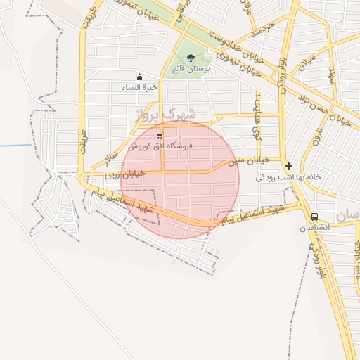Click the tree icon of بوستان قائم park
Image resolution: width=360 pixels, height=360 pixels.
pos(191,58)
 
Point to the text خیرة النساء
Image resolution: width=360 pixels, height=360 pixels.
pos(140,87)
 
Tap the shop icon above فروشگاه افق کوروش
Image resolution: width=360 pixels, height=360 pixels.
pos(160,135)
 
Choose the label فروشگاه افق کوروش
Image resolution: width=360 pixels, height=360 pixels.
pos(160,146)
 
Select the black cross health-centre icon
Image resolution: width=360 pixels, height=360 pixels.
pos(288,167)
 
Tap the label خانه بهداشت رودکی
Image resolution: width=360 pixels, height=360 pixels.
pos(288,177)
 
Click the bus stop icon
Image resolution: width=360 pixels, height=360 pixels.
pos(314,217)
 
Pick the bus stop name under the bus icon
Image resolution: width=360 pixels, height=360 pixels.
pos(314,229)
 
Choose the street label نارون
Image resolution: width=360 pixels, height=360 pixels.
pos(318,134)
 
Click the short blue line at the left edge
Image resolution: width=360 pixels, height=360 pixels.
pos(15,146)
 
